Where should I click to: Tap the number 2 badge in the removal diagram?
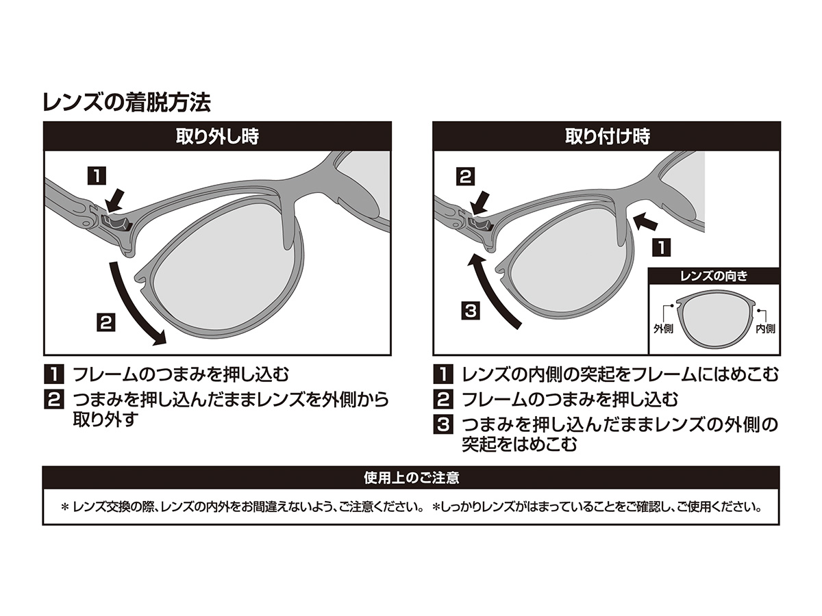(x=105, y=322)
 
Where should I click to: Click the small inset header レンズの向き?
(x=713, y=277)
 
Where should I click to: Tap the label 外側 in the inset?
(x=663, y=329)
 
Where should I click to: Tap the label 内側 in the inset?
(x=764, y=329)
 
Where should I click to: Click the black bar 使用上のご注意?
(x=411, y=478)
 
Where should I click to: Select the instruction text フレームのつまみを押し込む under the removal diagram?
(x=181, y=375)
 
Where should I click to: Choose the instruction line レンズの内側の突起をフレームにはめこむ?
(x=621, y=375)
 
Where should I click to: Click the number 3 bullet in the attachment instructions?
(x=443, y=424)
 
